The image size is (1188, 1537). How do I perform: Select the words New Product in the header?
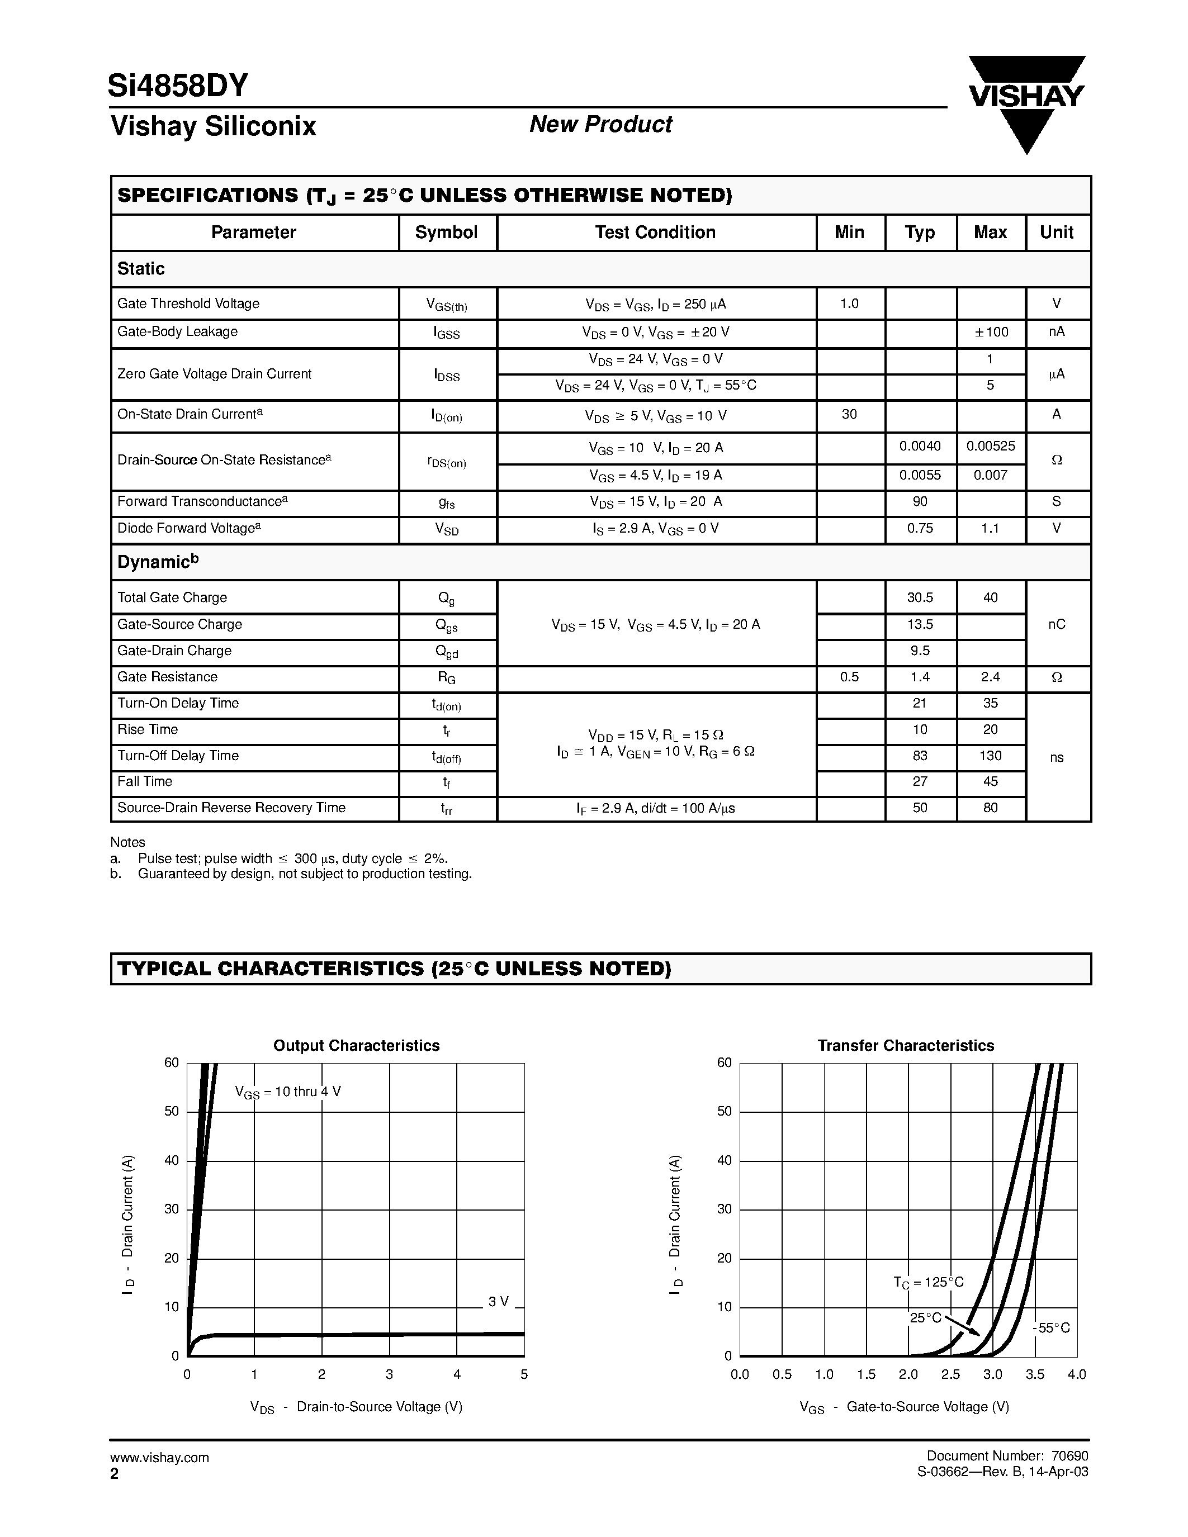(600, 125)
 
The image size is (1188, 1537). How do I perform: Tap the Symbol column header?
(446, 233)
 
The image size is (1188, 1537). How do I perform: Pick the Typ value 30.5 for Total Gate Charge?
(920, 597)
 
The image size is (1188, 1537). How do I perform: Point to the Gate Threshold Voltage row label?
(188, 303)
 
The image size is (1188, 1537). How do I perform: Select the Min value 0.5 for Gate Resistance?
(849, 677)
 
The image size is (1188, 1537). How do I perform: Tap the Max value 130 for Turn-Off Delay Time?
(990, 756)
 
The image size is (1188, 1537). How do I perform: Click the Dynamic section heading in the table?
(158, 562)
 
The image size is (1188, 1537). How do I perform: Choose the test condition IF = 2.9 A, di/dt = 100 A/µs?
(655, 809)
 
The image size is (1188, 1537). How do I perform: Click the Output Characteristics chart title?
(356, 1046)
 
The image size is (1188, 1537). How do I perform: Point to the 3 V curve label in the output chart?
(498, 1302)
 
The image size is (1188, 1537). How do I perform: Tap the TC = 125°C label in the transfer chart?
(928, 1282)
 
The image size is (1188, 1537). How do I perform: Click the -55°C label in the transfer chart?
(1052, 1328)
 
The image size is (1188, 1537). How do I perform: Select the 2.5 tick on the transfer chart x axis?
(950, 1374)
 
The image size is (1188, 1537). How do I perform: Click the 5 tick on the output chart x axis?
(524, 1374)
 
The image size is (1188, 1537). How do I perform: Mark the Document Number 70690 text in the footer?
(1007, 1456)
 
